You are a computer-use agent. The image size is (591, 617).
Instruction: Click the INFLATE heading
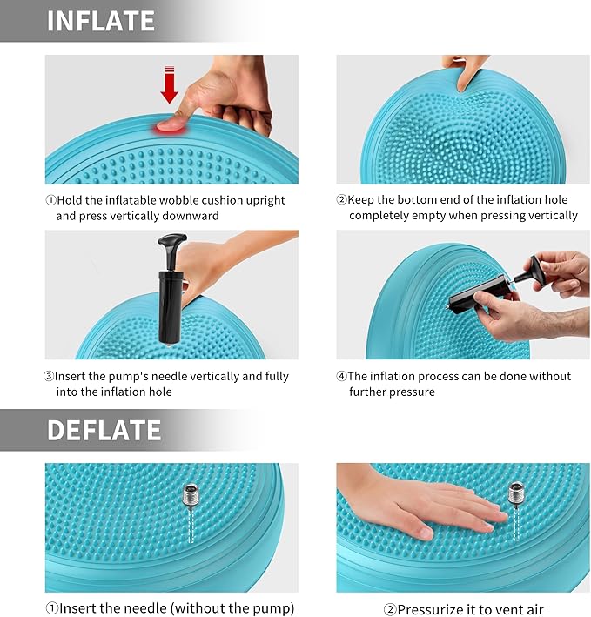pos(101,21)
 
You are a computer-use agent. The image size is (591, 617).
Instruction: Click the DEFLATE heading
pos(104,430)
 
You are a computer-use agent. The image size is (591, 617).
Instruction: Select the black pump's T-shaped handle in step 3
pos(171,243)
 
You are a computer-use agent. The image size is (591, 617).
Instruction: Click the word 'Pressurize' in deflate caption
pos(426,608)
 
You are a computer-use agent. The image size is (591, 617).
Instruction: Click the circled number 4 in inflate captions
pos(341,376)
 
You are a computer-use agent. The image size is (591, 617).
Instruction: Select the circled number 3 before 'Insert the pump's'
pos(49,376)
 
